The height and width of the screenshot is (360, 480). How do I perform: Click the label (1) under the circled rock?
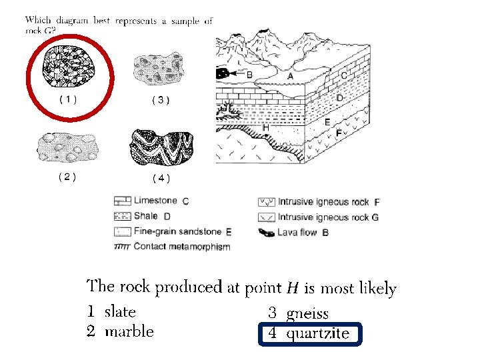(68, 99)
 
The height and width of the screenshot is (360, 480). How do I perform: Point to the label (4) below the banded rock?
(161, 177)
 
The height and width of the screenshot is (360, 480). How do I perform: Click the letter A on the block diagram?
(290, 77)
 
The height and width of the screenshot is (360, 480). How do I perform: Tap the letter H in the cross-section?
(265, 127)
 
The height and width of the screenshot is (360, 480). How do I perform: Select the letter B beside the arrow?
(249, 75)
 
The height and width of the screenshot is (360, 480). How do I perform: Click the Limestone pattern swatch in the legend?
(122, 200)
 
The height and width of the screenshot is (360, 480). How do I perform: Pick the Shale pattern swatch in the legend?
(122, 216)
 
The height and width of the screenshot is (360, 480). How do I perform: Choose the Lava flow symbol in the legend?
(266, 233)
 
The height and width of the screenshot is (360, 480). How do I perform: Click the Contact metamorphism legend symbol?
(122, 246)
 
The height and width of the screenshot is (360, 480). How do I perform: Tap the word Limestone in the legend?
(155, 200)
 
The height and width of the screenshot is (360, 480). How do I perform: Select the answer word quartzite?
(317, 333)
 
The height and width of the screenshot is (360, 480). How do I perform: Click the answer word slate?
(120, 311)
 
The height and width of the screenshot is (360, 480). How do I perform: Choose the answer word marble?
(129, 331)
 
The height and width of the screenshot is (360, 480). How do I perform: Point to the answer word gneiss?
(307, 313)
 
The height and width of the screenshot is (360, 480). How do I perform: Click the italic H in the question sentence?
(292, 289)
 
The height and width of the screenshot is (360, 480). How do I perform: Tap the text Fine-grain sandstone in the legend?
(178, 232)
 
